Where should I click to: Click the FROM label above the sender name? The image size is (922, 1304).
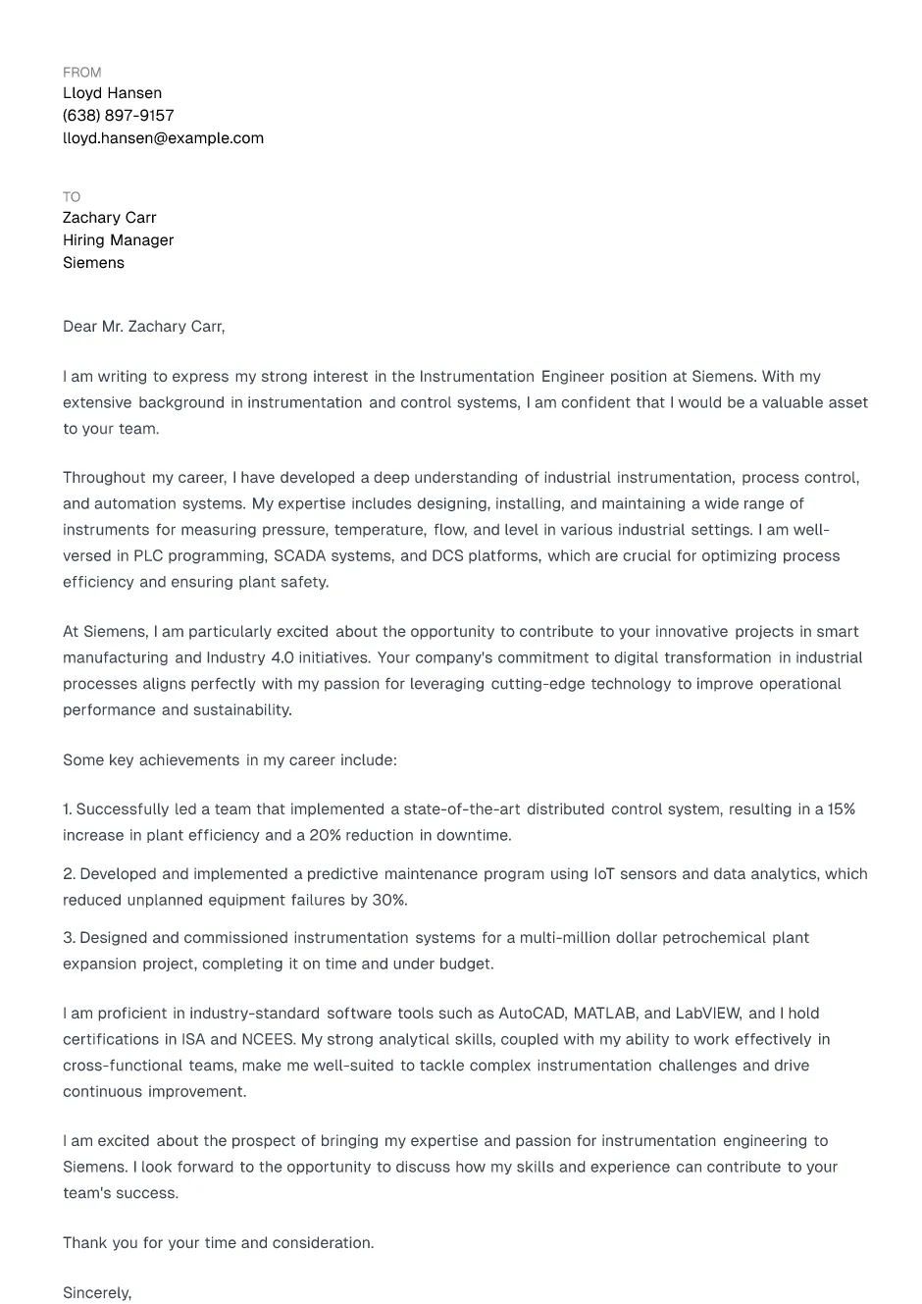pos(81,73)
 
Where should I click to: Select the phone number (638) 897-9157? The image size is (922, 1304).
pos(118,116)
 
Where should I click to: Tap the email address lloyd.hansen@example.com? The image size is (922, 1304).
pos(163,138)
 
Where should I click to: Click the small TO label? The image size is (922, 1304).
pos(72,197)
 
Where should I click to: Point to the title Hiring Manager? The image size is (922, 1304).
pos(118,240)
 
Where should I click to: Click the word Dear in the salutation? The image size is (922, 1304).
pos(80,327)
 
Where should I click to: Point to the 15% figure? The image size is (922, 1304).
pos(841,809)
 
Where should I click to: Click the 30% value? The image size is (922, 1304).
pos(389,901)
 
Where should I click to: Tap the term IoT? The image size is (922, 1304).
pos(604,874)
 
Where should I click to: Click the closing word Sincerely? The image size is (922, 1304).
pos(96,1293)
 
